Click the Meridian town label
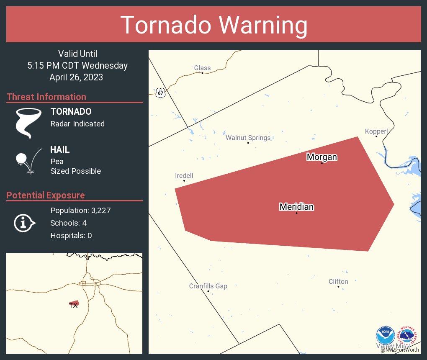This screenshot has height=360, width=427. click(x=296, y=207)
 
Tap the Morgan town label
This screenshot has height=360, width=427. click(x=322, y=157)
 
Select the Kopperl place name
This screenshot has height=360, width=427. click(x=376, y=131)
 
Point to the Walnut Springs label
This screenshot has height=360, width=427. click(x=248, y=138)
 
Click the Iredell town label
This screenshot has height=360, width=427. click(x=184, y=176)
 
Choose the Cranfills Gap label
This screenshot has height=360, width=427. click(x=208, y=286)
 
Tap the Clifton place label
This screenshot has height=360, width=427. click(x=338, y=282)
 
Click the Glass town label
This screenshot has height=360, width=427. click(x=202, y=68)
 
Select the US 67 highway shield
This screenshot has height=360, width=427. click(x=161, y=93)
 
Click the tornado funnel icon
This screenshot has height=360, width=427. click(x=28, y=123)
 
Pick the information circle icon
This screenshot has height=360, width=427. click(x=24, y=223)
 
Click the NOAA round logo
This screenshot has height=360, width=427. click(x=385, y=336)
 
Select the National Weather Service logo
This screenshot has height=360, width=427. click(x=409, y=336)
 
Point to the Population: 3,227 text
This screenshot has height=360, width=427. click(x=80, y=211)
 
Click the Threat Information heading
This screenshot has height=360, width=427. click(x=46, y=97)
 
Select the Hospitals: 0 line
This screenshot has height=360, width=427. click(x=71, y=236)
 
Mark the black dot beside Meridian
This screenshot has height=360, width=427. click(x=296, y=213)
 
